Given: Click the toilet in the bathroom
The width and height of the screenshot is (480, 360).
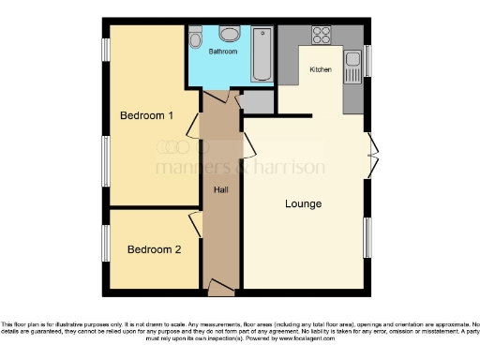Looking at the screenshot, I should point(194,39).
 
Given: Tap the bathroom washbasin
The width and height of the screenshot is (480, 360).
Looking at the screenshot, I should point(225,35).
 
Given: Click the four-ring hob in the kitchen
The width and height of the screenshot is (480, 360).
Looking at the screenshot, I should point(322,37).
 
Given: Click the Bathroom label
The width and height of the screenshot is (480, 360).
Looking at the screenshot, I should point(223,52).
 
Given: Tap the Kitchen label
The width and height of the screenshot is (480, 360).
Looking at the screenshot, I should point(321,70).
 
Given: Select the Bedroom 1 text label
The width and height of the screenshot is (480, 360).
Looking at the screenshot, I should point(146,116).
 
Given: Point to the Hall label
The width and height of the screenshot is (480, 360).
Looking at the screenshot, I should point(221,189).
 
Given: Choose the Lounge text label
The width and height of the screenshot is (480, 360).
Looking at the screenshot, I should point(303,203).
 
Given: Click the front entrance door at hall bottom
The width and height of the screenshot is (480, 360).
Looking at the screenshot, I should point(221,285).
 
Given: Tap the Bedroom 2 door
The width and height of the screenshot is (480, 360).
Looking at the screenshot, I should point(195,223).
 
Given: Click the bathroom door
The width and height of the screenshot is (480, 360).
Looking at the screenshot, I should point(217,94).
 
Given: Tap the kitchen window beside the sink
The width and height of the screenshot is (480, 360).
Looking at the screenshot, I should point(367,61).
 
